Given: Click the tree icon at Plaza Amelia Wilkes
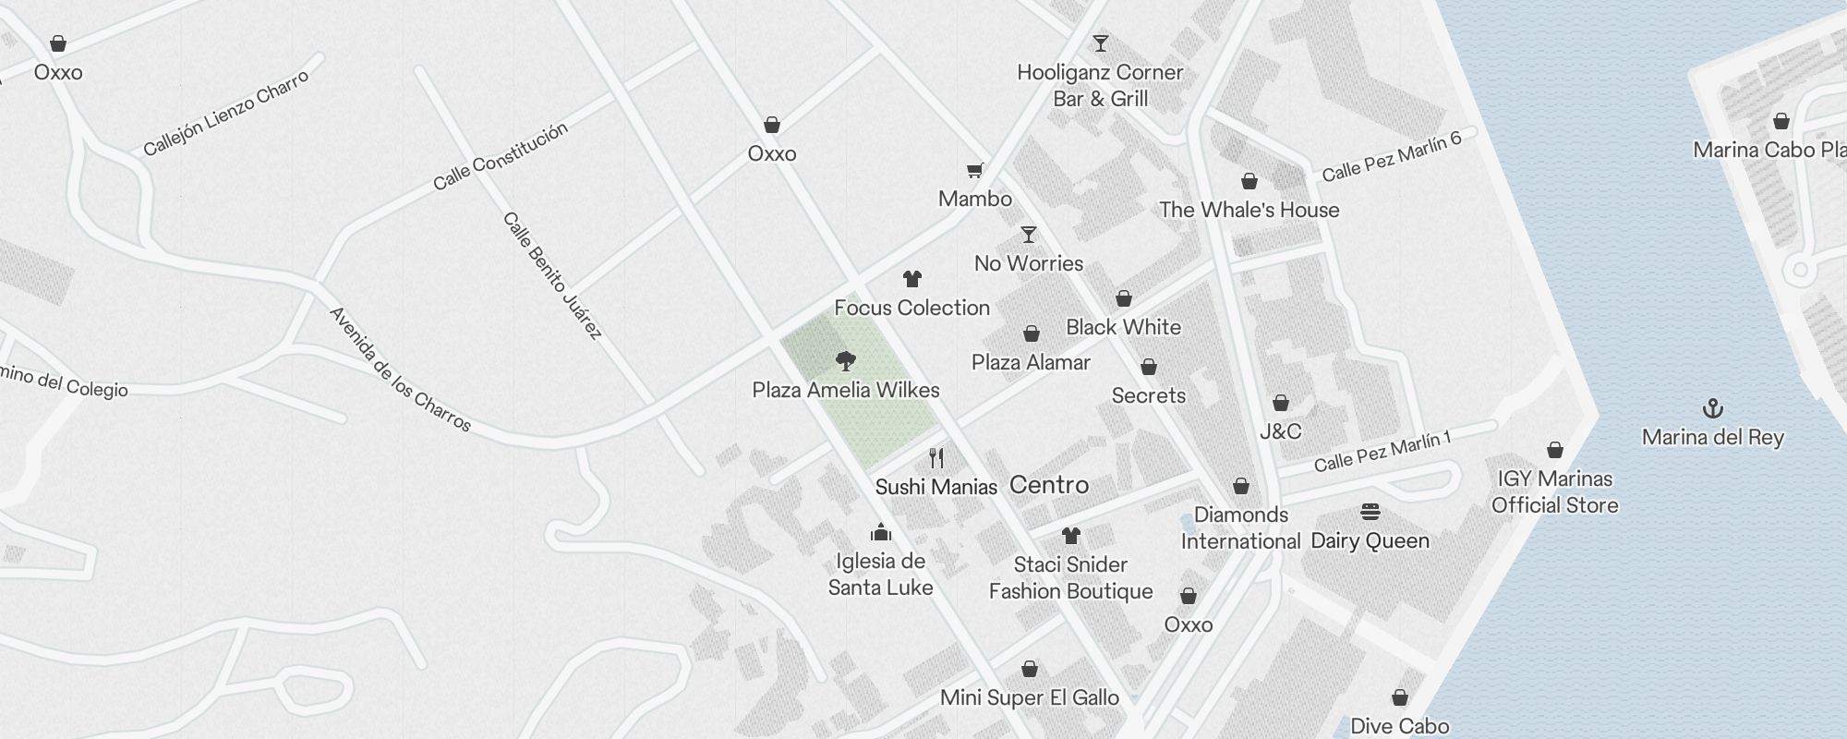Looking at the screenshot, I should (845, 360).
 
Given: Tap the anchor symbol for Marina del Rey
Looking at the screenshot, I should (1713, 407).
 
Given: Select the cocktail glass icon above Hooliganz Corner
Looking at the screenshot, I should (1100, 42).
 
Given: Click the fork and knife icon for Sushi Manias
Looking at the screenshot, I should (936, 457).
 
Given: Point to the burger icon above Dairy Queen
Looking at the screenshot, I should (1370, 512).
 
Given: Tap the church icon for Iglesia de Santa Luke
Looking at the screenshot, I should (880, 532).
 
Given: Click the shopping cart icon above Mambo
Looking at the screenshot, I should (974, 170).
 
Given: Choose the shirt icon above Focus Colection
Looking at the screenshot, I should (912, 278).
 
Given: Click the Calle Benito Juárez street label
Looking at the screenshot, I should (552, 275).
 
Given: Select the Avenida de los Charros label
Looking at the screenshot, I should (400, 369).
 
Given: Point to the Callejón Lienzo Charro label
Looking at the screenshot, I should (226, 114).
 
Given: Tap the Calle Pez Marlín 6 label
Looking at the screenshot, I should (1392, 156).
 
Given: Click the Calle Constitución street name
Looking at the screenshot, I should (501, 156).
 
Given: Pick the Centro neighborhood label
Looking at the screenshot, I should (1049, 485).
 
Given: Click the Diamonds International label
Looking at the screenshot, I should (1240, 527).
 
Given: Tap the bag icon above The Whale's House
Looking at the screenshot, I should (1249, 181).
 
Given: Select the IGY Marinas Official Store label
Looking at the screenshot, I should (1554, 491).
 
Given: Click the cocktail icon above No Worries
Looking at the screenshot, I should (1029, 235).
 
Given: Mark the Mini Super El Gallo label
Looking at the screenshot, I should (1029, 697).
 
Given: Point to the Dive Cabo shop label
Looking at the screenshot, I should (1399, 726).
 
